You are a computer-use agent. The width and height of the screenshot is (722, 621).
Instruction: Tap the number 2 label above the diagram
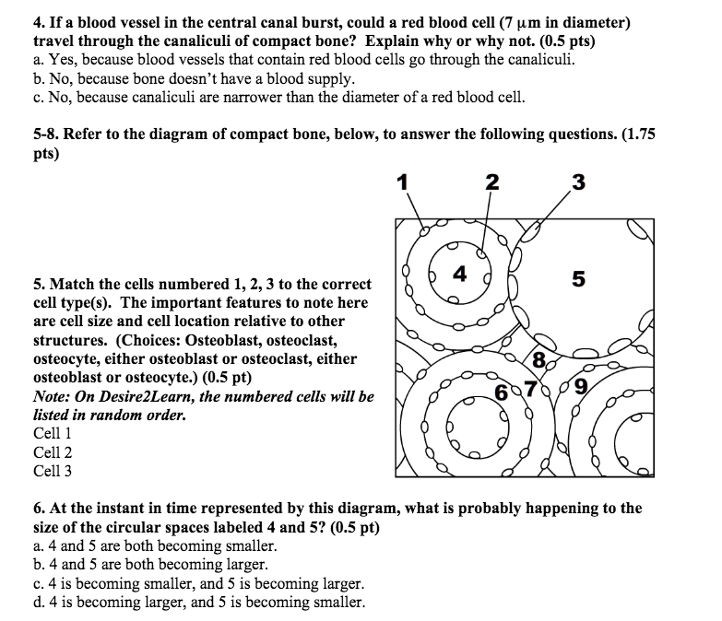coord(491,182)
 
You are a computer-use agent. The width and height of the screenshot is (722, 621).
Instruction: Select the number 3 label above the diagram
coord(578,182)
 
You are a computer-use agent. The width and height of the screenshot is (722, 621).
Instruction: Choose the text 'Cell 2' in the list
coord(53,452)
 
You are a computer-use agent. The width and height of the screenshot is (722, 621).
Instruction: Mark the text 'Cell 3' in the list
coord(53,471)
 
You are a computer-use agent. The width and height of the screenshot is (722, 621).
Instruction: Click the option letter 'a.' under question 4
coord(39,61)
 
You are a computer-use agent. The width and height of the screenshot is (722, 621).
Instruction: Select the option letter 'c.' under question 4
coord(39,98)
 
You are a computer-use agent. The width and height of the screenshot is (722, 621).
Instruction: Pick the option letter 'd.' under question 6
coord(39,603)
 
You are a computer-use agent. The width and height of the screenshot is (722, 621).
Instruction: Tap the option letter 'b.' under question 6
coord(39,565)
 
